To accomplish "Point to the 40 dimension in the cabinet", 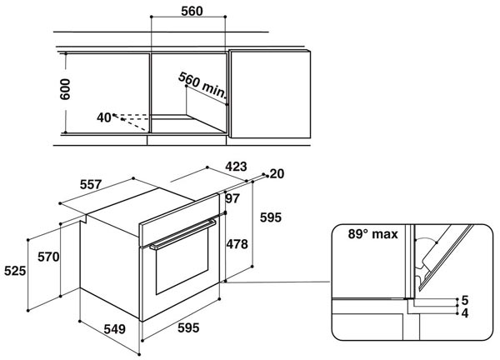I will pos(104,117).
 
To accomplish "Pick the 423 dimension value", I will pos(237,167).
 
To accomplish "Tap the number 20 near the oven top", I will pos(277,173).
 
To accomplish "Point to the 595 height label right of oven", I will pos(272,217).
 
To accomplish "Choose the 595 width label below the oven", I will pos(188,328).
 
